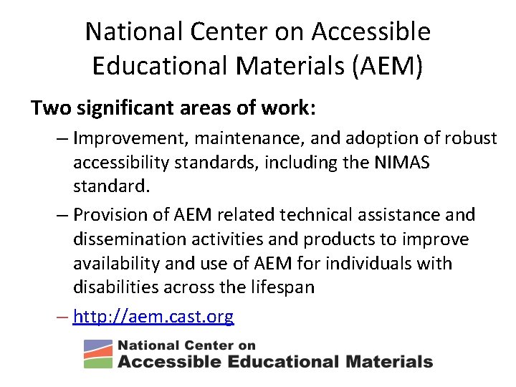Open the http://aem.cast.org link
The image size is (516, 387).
153,316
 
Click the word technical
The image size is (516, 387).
321,214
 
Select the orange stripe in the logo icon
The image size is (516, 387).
98,353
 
